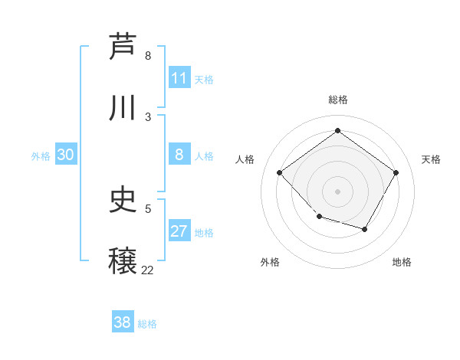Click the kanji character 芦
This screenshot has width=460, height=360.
(123, 47)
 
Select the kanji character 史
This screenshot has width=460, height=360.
(123, 200)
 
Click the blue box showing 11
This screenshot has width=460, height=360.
(179, 78)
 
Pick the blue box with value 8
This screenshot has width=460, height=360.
(179, 155)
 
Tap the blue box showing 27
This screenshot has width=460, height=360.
(179, 231)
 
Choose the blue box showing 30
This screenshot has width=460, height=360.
(66, 155)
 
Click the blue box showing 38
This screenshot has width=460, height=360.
(123, 322)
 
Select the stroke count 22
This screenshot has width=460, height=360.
(147, 270)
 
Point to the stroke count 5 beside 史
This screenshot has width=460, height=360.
(148, 208)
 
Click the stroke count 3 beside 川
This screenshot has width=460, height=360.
(148, 116)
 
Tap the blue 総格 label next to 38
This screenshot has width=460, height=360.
(147, 324)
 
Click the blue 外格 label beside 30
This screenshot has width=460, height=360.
(41, 156)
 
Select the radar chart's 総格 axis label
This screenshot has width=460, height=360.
(337, 100)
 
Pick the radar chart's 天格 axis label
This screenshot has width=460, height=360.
(431, 159)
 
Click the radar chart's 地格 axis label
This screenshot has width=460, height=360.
(402, 262)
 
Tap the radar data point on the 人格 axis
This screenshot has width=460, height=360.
(280, 172)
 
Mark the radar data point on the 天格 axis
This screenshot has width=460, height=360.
(396, 172)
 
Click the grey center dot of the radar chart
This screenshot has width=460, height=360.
(337, 191)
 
